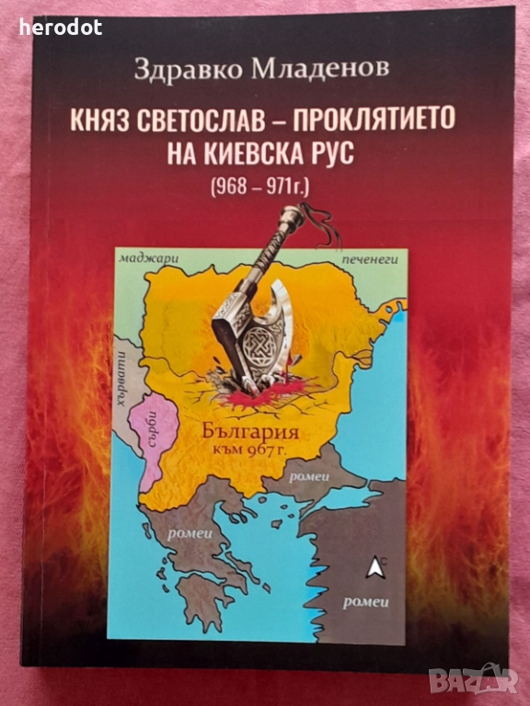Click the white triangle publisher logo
pos(372,567)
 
